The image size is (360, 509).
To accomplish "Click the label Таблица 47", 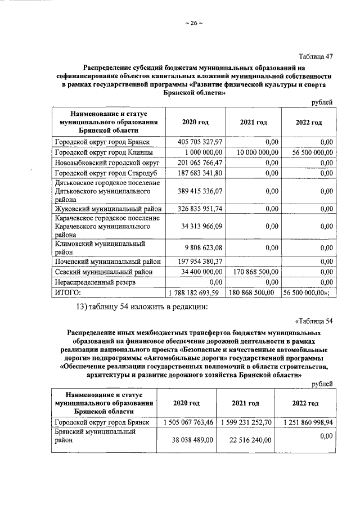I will pyautogui.click(x=316, y=55).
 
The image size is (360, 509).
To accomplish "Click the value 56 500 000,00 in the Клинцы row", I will pyautogui.click(x=308, y=152).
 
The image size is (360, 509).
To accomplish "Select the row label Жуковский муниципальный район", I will pyautogui.click(x=107, y=209).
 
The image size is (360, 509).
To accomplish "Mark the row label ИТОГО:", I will pyautogui.click(x=67, y=292).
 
